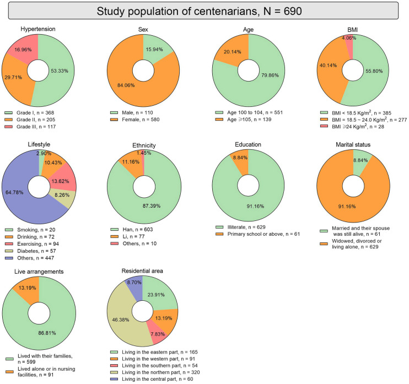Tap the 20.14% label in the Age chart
[x=233, y=52]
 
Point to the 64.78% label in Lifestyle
[x=14, y=192]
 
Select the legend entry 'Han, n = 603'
[x=132, y=229]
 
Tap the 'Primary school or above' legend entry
[x=258, y=234]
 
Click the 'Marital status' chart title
[x=353, y=145]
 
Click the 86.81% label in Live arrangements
[x=47, y=333]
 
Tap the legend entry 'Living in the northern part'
[x=155, y=372]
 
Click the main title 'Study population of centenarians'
[x=200, y=11]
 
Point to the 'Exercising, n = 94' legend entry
[x=32, y=244]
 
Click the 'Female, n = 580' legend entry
[x=135, y=120]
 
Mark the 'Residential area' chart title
[x=142, y=271]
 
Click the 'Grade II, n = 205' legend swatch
[x=9, y=120]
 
